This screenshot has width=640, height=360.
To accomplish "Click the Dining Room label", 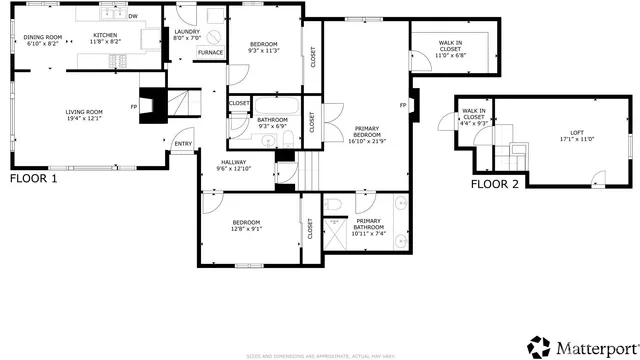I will pos(42,40).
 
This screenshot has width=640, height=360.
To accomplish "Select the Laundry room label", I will pos(187,34).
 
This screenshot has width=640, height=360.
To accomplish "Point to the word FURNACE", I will pos(210,52).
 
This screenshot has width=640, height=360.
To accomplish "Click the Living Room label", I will pos(85,114).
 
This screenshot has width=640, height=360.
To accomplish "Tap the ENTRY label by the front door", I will pos(183,144).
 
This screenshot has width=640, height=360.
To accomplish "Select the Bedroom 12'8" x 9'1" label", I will pos(246,225).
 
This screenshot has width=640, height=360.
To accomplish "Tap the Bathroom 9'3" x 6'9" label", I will pos(273,124).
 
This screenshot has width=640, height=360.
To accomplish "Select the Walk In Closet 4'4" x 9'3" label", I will pos(474,118).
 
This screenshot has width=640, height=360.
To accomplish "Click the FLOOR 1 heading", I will pos(34,179).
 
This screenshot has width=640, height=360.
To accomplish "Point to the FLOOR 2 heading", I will pos(495,184).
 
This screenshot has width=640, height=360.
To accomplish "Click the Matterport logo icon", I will pos(539,347).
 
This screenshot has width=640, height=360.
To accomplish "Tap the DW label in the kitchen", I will pos(132,17).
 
